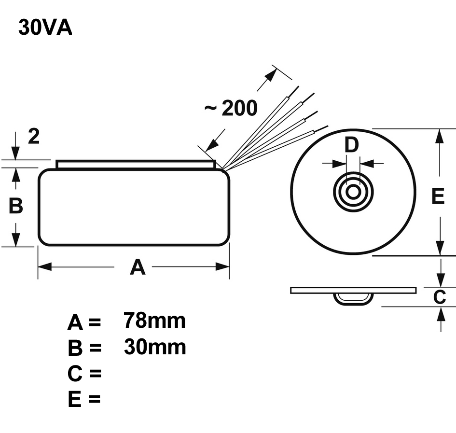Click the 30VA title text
pos(45,28)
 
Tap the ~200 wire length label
pos(231,109)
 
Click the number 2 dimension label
pos(33,137)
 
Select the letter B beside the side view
pos(16,206)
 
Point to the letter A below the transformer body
pos(138,267)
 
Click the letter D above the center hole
pos(352,145)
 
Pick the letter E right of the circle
pos(438,196)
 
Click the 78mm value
pos(154,320)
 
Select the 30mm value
pos(154,347)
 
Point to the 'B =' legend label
pos(84,348)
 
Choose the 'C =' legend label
pos(84,374)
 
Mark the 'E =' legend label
pos(84,399)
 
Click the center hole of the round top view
pos(353,192)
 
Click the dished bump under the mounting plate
pos(353,298)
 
